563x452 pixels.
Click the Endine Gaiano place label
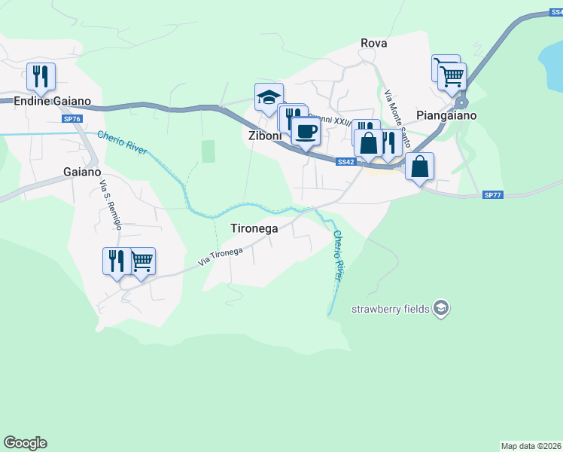(52, 101)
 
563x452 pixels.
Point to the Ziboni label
(265, 136)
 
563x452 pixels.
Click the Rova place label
(374, 43)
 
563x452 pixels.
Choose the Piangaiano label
(446, 116)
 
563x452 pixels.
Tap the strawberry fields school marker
(442, 308)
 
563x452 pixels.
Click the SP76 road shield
(72, 120)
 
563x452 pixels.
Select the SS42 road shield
(345, 162)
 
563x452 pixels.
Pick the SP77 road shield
(492, 195)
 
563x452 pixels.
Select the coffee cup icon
(306, 130)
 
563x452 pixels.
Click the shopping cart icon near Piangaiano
(452, 75)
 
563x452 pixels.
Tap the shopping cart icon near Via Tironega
(142, 261)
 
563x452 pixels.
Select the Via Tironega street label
(221, 255)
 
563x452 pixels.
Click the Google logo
(25, 443)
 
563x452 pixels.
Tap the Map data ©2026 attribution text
(531, 446)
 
